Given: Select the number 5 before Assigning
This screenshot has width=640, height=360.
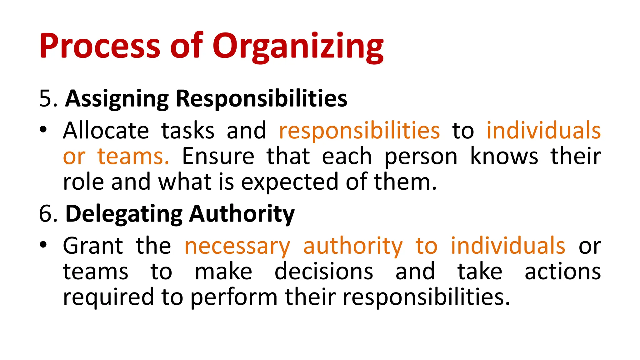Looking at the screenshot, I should [46, 99].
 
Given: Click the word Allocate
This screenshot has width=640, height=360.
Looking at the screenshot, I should [106, 131].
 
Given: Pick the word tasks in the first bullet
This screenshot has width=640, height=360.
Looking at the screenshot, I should [188, 131].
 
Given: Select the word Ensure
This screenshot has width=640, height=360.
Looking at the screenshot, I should [218, 156].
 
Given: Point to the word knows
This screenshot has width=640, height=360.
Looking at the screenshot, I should [504, 156].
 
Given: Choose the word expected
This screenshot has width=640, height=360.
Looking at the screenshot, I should [289, 182].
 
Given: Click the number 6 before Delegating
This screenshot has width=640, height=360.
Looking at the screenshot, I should [46, 214].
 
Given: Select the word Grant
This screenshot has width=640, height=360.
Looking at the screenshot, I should [93, 246].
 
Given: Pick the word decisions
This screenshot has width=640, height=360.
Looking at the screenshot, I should [324, 271].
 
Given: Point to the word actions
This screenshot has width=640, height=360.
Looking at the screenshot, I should [562, 271].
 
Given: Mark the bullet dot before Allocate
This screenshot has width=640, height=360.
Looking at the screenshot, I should [43, 129].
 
